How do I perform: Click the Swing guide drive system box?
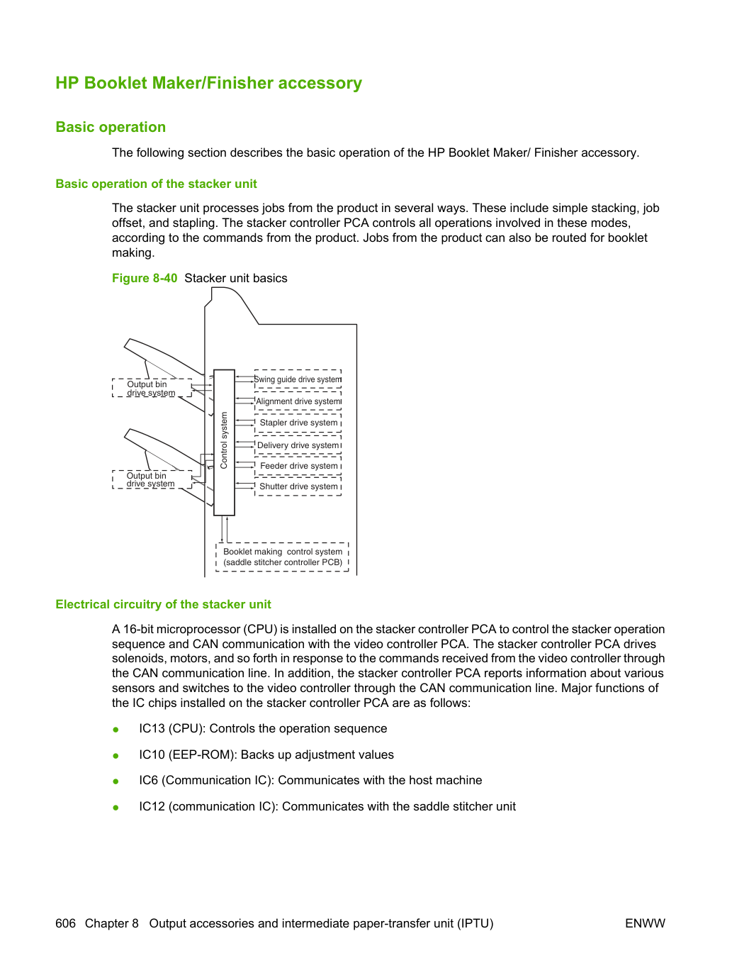coord(298,379)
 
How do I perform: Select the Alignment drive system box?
coord(298,401)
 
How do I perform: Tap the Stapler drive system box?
coord(298,423)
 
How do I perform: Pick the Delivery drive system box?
coord(298,445)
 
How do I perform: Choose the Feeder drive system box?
coord(298,465)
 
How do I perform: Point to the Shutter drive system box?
coord(298,486)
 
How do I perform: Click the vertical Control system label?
coord(224,440)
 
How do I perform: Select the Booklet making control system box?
coord(282,557)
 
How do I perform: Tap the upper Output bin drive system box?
coord(152,388)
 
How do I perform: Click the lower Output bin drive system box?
coord(152,479)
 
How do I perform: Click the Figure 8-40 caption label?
coord(145,278)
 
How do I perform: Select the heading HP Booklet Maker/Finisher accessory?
coord(208,83)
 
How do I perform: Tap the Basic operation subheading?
coord(111,127)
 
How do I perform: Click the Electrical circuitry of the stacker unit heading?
coord(163,604)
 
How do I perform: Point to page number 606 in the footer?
coord(65,923)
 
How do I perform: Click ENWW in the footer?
coord(645,923)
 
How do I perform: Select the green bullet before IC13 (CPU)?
coord(116,730)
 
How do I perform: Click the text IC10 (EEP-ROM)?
coord(186,754)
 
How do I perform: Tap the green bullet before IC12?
coord(116,808)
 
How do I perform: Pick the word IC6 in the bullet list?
coord(148,780)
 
